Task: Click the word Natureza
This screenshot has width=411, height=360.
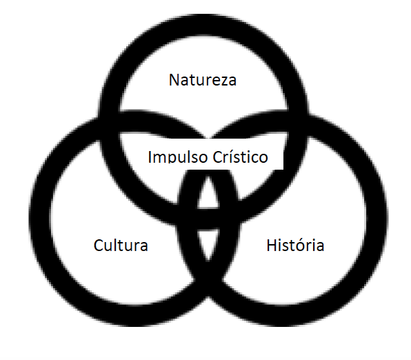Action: tap(203, 80)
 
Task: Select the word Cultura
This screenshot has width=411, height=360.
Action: tap(121, 245)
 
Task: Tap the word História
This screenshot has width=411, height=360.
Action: tap(295, 245)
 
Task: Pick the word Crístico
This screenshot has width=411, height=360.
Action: tap(241, 157)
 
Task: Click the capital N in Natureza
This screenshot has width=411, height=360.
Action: tap(174, 80)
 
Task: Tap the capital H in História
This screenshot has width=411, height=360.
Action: tap(272, 245)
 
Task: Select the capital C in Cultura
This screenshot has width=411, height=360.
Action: tap(99, 245)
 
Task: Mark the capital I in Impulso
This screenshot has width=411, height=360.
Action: tap(150, 157)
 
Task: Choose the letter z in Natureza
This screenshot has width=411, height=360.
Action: tap(222, 81)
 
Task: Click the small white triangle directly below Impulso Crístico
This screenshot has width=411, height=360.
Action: tap(208, 192)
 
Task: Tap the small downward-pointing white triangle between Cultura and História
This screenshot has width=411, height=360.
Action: tap(208, 243)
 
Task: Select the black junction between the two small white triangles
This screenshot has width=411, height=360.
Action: tap(208, 219)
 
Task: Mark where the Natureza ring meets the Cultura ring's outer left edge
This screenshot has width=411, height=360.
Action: tap(99, 117)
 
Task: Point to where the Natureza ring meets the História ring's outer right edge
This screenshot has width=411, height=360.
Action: tap(308, 114)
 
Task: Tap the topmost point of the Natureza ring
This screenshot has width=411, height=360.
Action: tap(204, 14)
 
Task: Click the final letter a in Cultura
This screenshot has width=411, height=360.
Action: tap(143, 247)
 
